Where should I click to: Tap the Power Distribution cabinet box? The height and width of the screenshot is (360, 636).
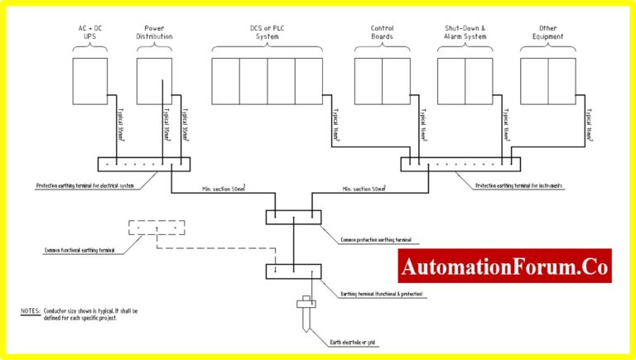154,81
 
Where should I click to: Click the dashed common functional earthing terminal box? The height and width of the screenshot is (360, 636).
157,229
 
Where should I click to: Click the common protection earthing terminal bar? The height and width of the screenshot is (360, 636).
292,217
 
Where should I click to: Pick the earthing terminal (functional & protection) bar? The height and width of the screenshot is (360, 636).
292,271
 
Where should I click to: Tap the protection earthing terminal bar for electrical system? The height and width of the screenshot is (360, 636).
140,164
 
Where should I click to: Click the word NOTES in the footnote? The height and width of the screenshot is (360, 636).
31,311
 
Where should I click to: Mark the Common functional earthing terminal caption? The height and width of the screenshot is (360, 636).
79,249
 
